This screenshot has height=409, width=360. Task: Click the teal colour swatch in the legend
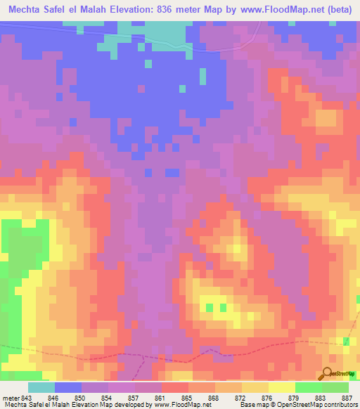coord(41,387)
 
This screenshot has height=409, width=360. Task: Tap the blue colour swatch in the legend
coord(68,387)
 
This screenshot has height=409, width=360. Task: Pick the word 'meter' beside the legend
coord(11,397)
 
